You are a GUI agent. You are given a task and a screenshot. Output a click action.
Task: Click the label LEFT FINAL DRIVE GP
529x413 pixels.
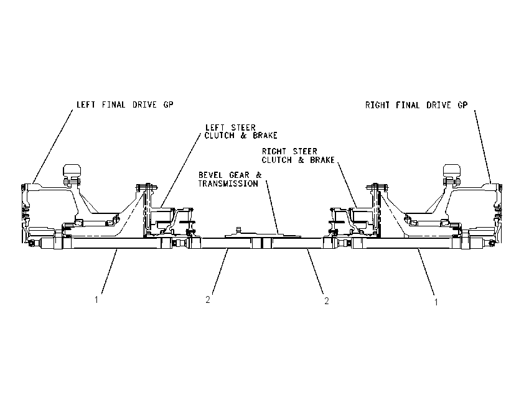[125, 104]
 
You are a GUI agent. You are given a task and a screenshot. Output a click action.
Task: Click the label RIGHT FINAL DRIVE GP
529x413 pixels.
[416, 105]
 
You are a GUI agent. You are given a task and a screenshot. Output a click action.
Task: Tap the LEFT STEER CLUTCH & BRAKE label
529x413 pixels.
[241, 131]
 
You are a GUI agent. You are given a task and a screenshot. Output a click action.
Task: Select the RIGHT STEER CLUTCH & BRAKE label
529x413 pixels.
[298, 155]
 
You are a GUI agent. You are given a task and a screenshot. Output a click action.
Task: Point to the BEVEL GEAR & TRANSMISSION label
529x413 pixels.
[230, 179]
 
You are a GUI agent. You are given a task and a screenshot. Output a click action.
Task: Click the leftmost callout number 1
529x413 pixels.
[96, 299]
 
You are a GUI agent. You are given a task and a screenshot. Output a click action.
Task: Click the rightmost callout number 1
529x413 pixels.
[436, 302]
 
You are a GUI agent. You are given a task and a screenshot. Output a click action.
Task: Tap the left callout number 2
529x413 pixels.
[208, 299]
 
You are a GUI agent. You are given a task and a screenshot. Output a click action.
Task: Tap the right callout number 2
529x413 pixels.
[327, 301]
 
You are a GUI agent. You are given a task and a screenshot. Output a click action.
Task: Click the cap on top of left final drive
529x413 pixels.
[72, 170]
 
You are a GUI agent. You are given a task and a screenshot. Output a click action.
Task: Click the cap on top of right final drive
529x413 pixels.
[452, 170]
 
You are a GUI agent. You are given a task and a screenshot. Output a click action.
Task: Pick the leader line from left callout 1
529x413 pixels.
[110, 271]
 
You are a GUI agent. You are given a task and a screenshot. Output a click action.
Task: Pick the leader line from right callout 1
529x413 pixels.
[426, 272]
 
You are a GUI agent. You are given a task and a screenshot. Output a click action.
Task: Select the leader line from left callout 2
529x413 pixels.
[220, 271]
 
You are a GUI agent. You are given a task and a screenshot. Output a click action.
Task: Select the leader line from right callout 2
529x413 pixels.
[316, 271]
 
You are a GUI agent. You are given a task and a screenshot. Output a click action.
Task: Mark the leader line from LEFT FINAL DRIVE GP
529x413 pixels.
[53, 147]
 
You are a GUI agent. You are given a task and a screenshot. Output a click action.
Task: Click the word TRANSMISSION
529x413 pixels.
[228, 183]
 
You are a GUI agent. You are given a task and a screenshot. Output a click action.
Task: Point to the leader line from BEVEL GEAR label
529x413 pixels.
[272, 207]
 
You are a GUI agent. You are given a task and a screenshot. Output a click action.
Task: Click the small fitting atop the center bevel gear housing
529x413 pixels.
[239, 230]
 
